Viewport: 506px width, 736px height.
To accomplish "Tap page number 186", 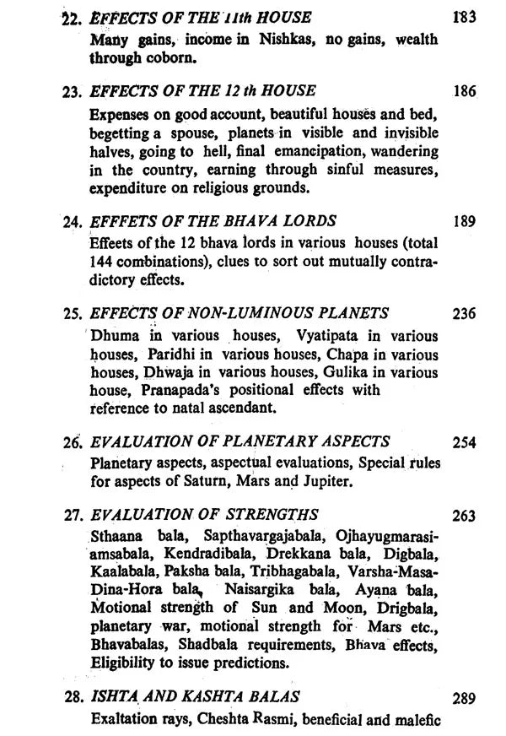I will pos(464,91).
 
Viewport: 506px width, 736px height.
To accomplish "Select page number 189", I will pos(464,222).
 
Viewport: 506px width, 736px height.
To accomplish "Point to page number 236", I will pos(464,314).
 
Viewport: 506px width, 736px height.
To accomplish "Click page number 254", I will pos(464,442).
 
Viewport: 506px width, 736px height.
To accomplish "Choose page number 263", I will pos(464,516).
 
